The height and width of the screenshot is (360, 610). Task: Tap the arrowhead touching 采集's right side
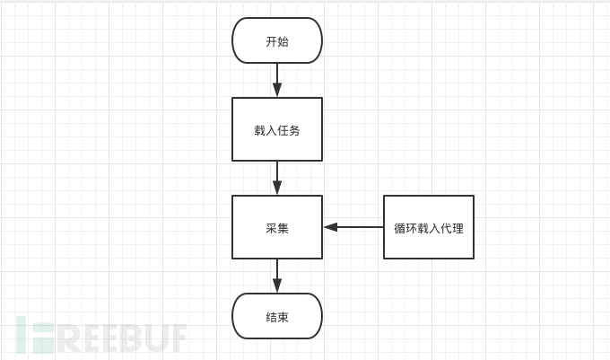330,227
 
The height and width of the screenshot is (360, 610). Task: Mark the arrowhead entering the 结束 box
277,285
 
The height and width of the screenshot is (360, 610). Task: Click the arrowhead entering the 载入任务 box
277,90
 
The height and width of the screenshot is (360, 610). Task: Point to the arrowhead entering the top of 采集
277,188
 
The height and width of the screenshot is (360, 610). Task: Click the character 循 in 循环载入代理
400,228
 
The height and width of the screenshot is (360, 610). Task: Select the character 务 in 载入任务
294,130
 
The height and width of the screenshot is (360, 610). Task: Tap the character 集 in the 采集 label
283,228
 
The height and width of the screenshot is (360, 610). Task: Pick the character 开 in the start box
271,41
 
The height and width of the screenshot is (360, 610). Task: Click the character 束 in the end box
283,317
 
